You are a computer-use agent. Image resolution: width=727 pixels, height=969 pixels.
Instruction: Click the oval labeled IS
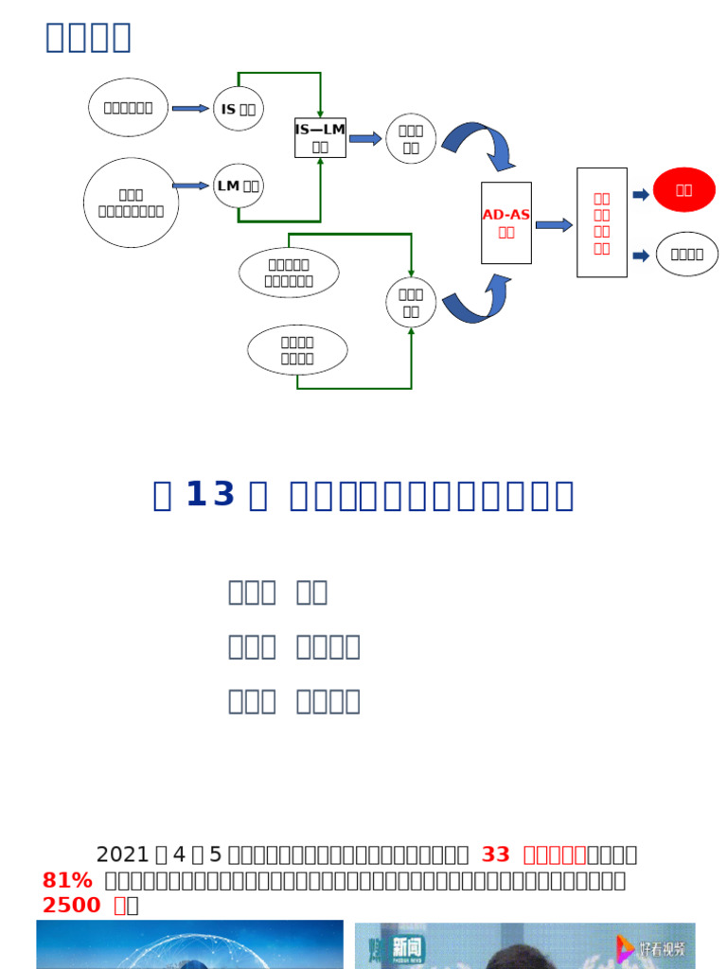(239, 109)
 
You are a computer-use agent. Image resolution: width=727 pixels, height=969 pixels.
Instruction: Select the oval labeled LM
(239, 185)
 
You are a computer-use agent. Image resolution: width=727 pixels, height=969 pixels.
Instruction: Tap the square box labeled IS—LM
(320, 138)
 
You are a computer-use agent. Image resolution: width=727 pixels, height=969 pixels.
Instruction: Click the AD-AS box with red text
(506, 223)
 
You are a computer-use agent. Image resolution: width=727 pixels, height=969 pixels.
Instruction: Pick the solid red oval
(684, 190)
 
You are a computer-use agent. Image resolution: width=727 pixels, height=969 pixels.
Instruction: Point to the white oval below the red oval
(686, 255)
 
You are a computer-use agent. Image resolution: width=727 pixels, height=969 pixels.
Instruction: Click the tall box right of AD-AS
(602, 223)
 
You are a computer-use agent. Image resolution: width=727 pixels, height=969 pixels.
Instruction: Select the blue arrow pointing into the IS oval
(190, 109)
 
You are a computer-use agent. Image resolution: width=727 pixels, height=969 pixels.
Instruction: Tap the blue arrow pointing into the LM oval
(191, 185)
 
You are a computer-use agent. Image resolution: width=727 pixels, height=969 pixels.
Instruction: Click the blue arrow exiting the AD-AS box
(554, 224)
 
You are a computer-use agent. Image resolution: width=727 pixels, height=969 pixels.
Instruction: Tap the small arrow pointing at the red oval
(641, 194)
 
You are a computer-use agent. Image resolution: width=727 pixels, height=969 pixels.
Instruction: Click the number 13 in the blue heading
(210, 495)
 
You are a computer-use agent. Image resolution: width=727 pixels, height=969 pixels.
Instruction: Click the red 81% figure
(67, 881)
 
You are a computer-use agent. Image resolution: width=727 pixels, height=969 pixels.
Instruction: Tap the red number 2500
(72, 906)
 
